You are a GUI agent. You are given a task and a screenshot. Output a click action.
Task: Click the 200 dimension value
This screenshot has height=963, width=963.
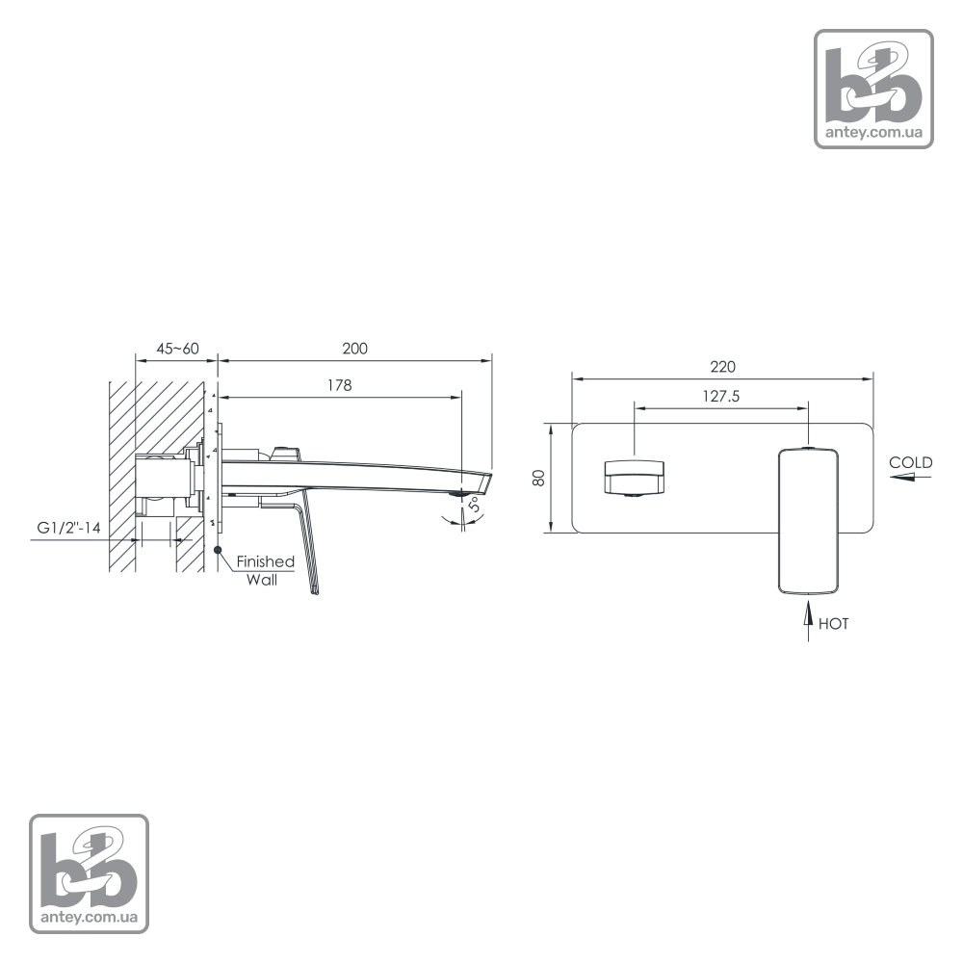click(355, 349)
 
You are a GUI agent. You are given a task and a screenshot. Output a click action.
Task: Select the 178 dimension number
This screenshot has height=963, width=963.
click(339, 385)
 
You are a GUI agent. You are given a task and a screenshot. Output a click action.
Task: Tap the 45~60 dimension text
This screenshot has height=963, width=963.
click(177, 349)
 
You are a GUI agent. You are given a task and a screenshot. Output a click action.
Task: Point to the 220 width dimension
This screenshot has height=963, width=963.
click(722, 367)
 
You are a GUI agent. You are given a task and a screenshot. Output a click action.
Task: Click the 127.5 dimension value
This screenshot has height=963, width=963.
click(721, 396)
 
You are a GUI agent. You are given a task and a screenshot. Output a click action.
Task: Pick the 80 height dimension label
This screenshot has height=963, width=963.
click(538, 478)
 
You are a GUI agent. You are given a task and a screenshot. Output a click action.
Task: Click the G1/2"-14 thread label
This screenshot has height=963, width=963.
click(68, 528)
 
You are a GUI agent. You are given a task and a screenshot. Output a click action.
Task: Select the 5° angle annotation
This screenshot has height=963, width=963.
click(475, 505)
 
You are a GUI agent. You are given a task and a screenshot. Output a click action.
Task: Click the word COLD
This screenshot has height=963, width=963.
click(911, 462)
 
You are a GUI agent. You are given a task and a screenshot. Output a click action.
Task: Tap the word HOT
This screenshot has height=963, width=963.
click(833, 624)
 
